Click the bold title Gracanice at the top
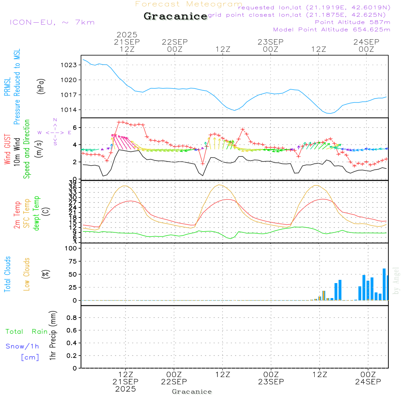(x=175, y=16)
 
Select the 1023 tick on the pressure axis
(x=69, y=65)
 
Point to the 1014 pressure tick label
(x=69, y=110)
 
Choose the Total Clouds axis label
(x=7, y=274)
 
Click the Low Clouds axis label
(x=27, y=274)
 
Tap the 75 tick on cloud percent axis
(x=71, y=261)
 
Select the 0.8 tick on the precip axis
(x=71, y=318)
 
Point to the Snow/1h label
(x=22, y=346)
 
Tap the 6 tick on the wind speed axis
(x=75, y=128)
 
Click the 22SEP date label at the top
(x=175, y=42)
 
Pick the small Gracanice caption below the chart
(x=192, y=392)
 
